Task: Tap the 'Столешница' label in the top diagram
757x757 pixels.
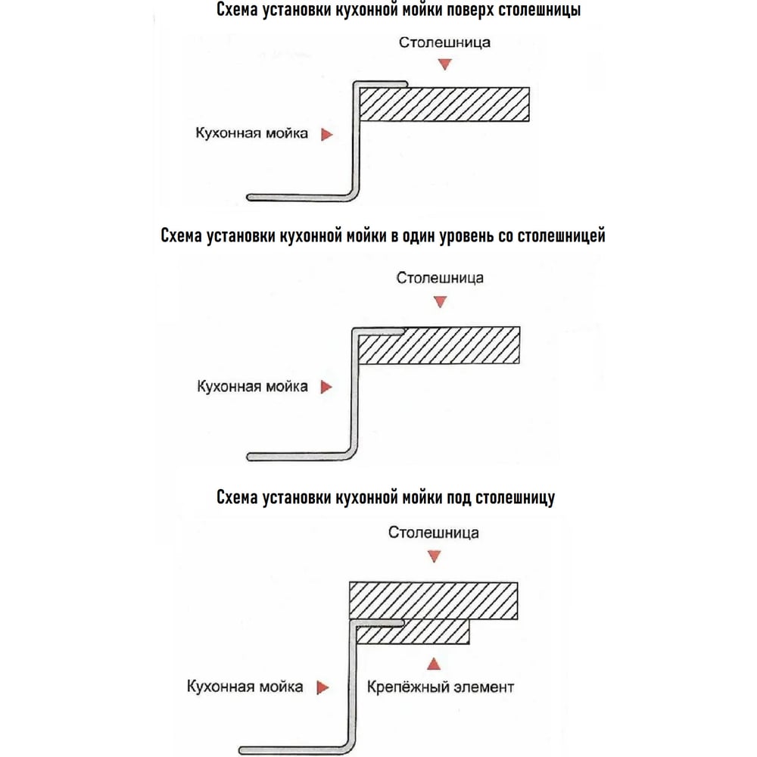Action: click(444, 42)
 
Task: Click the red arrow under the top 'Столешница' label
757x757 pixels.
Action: click(444, 64)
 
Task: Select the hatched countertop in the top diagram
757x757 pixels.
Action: click(444, 104)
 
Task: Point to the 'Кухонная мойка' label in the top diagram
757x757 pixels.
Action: click(251, 133)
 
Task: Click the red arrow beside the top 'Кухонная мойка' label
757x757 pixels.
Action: click(327, 134)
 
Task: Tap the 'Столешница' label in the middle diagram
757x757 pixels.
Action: click(440, 278)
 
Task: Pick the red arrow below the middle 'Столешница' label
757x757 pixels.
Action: click(440, 302)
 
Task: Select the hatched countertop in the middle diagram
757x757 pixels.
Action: click(438, 345)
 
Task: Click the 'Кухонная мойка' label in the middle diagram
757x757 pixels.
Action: click(252, 386)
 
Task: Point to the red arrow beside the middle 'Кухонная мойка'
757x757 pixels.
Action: click(326, 387)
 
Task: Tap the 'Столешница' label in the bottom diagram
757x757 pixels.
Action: click(434, 532)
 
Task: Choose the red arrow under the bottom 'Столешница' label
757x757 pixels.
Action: click(434, 556)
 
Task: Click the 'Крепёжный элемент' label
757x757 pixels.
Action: click(441, 687)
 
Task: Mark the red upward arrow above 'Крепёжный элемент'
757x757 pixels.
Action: click(434, 664)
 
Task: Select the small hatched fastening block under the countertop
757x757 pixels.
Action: click(413, 632)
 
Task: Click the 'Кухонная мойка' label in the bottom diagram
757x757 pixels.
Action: click(245, 687)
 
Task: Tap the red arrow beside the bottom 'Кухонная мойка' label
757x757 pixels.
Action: click(322, 687)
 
